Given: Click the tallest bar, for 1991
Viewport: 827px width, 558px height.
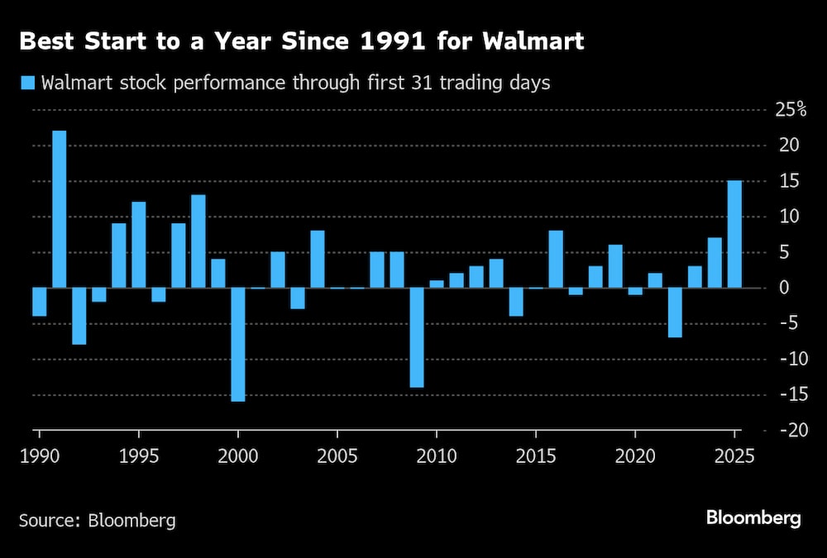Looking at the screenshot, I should pyautogui.click(x=60, y=209).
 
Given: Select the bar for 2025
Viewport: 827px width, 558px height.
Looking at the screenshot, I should pyautogui.click(x=734, y=234).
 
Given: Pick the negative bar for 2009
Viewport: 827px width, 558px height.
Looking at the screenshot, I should pyautogui.click(x=417, y=337).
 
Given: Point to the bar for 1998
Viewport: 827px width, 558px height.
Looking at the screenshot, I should pyautogui.click(x=198, y=241).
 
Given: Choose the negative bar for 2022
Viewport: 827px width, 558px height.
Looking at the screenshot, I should pyautogui.click(x=675, y=312).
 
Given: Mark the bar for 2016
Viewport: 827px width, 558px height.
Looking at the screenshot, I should pyautogui.click(x=556, y=259).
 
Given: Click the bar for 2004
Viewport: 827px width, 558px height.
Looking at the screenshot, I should pyautogui.click(x=318, y=259).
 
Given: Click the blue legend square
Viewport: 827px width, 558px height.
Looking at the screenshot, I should pyautogui.click(x=27, y=83).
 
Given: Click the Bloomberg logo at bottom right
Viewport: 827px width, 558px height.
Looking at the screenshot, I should pyautogui.click(x=753, y=518).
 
